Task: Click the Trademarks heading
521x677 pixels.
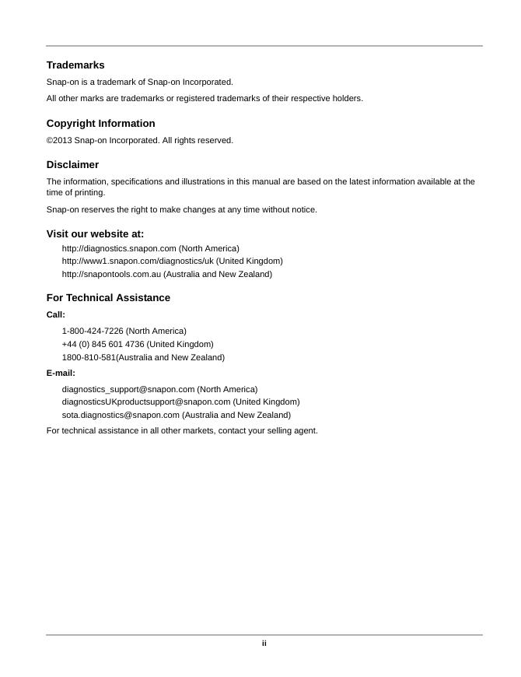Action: pyautogui.click(x=75, y=65)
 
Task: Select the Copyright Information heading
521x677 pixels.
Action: pyautogui.click(x=100, y=124)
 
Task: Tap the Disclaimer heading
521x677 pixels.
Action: pyautogui.click(x=72, y=165)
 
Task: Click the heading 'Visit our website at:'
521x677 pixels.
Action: pyautogui.click(x=95, y=234)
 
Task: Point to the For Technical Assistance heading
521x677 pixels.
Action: pyautogui.click(x=108, y=298)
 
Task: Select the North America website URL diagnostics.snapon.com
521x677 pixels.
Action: pyautogui.click(x=119, y=248)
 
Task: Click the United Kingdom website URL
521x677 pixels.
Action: pyautogui.click(x=138, y=261)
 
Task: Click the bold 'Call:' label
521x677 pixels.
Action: pyautogui.click(x=56, y=315)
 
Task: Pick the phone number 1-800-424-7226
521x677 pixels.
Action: pyautogui.click(x=93, y=331)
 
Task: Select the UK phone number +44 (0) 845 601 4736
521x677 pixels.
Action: pyautogui.click(x=103, y=344)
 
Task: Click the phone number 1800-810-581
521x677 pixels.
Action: pyautogui.click(x=89, y=358)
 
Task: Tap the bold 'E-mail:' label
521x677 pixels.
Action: pyautogui.click(x=61, y=374)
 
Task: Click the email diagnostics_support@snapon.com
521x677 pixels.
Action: pyautogui.click(x=128, y=389)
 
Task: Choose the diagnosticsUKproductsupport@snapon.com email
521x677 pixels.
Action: pyautogui.click(x=146, y=402)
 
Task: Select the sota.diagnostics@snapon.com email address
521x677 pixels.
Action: pyautogui.click(x=121, y=416)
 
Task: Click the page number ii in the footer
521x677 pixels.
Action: pyautogui.click(x=264, y=644)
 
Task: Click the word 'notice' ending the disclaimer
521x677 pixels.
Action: pyautogui.click(x=302, y=210)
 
